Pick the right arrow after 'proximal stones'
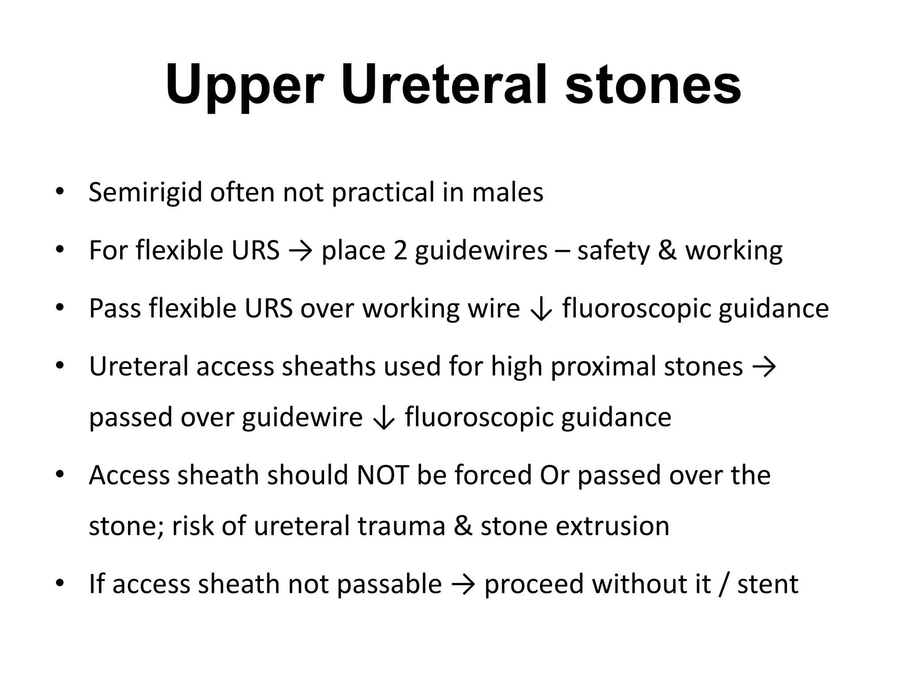click(x=764, y=367)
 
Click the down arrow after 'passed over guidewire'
click(x=384, y=418)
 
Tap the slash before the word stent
click(x=724, y=584)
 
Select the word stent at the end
click(x=767, y=584)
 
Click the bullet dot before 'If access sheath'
click(x=60, y=583)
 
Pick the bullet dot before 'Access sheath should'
click(x=60, y=475)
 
